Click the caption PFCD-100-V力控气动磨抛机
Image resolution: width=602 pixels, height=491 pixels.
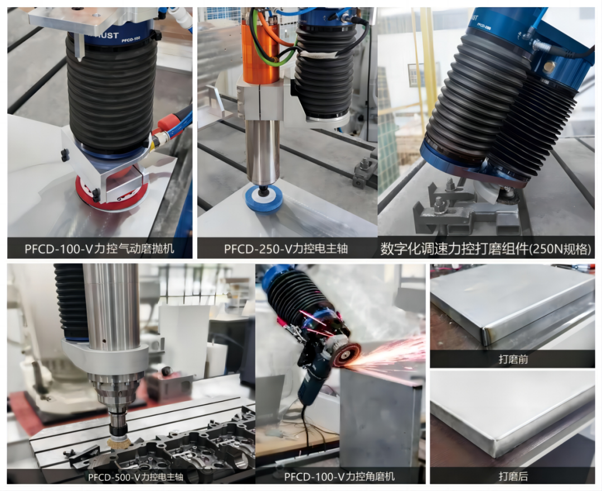pyautogui.click(x=99, y=249)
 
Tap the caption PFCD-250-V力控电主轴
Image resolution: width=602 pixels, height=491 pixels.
pyautogui.click(x=285, y=249)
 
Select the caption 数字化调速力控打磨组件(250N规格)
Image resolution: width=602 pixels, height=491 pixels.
pyautogui.click(x=486, y=249)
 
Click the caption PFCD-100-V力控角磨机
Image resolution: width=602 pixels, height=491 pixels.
pyautogui.click(x=339, y=477)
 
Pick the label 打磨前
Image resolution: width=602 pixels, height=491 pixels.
pyautogui.click(x=513, y=359)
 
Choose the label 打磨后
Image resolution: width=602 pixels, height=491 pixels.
pyautogui.click(x=513, y=477)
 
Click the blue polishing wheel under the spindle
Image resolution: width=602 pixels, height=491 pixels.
pyautogui.click(x=264, y=199)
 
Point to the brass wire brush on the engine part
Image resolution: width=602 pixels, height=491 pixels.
pyautogui.click(x=116, y=443)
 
